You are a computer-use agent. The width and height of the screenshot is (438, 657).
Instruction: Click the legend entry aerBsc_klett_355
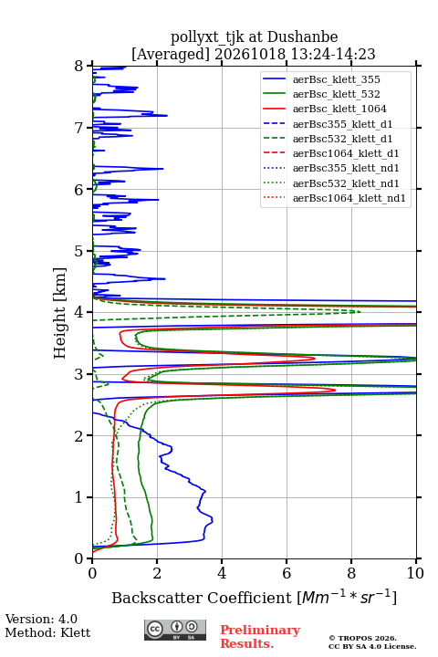tap(336, 79)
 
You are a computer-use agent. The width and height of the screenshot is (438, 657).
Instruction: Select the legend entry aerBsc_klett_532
tap(336, 94)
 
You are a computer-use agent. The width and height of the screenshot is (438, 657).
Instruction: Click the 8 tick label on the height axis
tap(79, 66)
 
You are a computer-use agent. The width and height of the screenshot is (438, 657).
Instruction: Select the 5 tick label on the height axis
tap(79, 251)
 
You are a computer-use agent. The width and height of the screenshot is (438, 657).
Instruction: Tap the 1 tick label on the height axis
tap(79, 497)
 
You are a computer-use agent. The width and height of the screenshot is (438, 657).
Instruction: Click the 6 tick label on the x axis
tap(287, 573)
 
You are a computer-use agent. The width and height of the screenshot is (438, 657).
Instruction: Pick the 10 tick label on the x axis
tap(415, 573)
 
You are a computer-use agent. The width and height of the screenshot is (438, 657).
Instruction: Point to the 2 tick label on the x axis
tap(157, 573)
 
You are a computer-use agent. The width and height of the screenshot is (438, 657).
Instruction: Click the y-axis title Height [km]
tap(60, 313)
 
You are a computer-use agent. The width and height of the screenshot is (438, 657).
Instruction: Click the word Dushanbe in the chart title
tap(303, 37)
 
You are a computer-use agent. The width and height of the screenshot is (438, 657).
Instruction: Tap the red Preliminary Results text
tap(260, 637)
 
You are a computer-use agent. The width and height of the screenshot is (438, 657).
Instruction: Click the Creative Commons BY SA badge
tap(175, 630)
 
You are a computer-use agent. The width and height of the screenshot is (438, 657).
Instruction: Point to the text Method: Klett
tap(47, 632)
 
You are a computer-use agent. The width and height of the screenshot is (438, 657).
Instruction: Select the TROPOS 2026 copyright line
tap(363, 638)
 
